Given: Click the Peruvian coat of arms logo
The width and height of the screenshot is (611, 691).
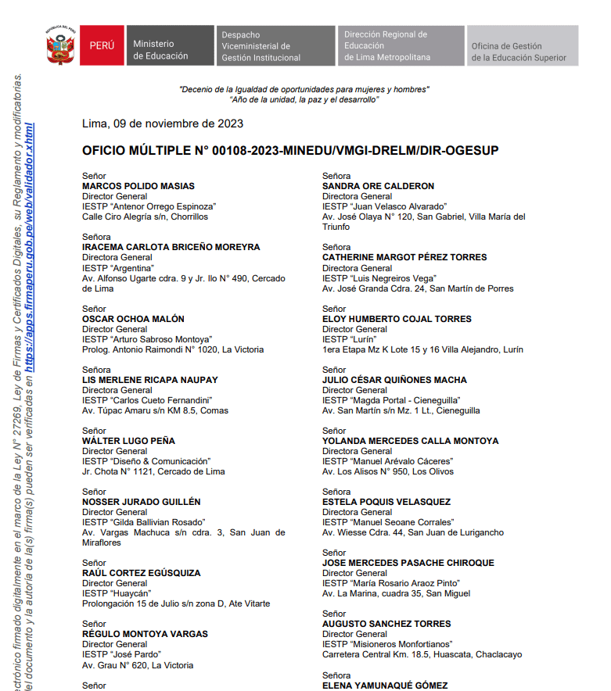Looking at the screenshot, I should (x=59, y=45).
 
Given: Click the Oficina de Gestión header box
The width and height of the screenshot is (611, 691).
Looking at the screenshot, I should (x=523, y=46).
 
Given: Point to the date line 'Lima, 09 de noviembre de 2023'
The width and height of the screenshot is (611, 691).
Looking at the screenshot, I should (x=163, y=124).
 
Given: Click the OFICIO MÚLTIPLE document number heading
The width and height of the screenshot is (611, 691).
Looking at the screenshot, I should (x=289, y=150).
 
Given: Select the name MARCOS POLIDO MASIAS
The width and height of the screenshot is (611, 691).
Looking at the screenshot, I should (x=138, y=186).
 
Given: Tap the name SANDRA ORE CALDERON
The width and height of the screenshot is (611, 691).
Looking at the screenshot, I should (x=378, y=186).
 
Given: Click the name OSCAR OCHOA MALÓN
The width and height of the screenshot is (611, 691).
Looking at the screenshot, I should (x=133, y=319).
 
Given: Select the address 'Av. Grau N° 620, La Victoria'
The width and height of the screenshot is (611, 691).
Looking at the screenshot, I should (x=138, y=665).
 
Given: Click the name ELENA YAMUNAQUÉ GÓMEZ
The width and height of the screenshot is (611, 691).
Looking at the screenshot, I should (x=385, y=685).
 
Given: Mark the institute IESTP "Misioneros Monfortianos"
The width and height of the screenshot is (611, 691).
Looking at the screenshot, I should (x=386, y=644).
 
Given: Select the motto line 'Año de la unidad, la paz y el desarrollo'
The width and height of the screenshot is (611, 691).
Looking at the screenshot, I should (x=304, y=99).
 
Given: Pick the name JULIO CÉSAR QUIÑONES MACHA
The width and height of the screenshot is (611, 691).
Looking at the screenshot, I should (x=394, y=380).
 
